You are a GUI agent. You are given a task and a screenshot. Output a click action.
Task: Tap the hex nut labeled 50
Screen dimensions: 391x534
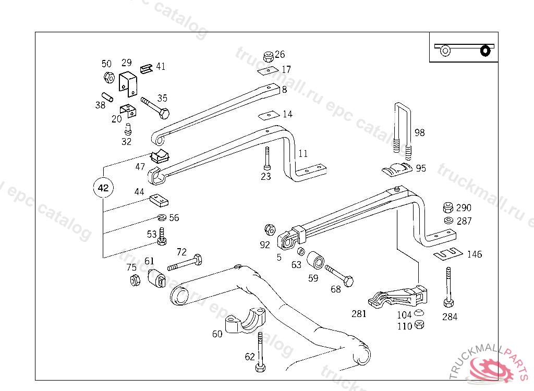(x=109, y=78)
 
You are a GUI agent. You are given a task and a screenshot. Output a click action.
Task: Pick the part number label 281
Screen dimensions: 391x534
(x=359, y=314)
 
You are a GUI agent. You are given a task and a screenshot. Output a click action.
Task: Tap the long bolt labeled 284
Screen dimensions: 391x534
(x=448, y=287)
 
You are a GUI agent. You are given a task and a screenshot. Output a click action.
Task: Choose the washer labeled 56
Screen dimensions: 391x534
(x=161, y=217)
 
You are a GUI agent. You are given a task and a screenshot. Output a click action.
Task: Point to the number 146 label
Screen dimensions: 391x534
(x=475, y=254)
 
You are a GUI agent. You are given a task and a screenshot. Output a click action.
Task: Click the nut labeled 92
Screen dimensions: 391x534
(x=270, y=229)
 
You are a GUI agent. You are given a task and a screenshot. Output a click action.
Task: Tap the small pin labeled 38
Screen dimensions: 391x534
(x=108, y=97)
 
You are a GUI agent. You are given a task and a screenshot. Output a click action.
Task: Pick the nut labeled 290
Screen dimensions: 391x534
(x=448, y=207)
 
